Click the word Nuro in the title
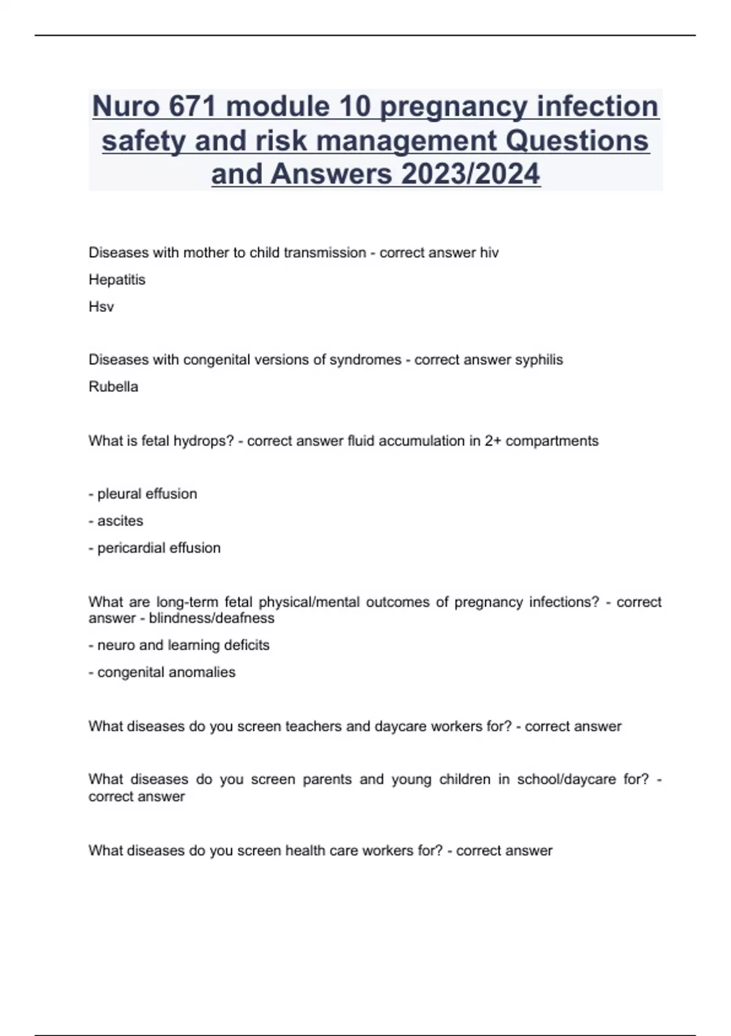(x=126, y=107)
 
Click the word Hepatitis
(x=117, y=280)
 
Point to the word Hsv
(x=101, y=307)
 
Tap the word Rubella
(x=113, y=386)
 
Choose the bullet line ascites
(x=120, y=521)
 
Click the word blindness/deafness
(x=211, y=618)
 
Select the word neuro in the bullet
(x=116, y=645)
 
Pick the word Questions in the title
(x=577, y=141)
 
